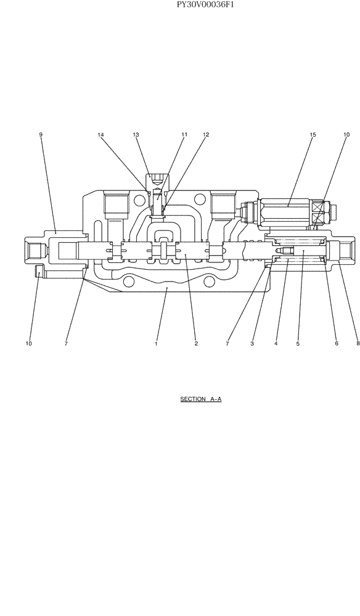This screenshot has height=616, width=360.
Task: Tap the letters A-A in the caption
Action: point(215,399)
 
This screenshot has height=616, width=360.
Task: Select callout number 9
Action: point(41,134)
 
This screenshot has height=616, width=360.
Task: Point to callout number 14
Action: point(100,134)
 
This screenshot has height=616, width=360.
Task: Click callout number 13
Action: point(136,134)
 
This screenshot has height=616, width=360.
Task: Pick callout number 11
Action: point(184,134)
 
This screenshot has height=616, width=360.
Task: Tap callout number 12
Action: point(206,134)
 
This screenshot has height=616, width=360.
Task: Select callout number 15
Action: point(313,134)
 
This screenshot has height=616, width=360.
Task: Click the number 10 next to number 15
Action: point(346,134)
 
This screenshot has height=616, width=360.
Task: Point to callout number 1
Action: point(157,344)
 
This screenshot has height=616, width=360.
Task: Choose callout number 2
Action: point(196,344)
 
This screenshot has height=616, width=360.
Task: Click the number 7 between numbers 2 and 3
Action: point(227,344)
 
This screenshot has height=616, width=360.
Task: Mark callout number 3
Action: point(252,344)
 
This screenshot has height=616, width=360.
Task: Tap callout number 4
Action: point(276,344)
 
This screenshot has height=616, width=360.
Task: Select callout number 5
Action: point(298,344)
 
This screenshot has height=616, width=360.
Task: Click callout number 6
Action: point(337,344)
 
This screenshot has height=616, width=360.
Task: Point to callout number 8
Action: point(358,344)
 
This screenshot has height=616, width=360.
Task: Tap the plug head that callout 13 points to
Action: point(154,180)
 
